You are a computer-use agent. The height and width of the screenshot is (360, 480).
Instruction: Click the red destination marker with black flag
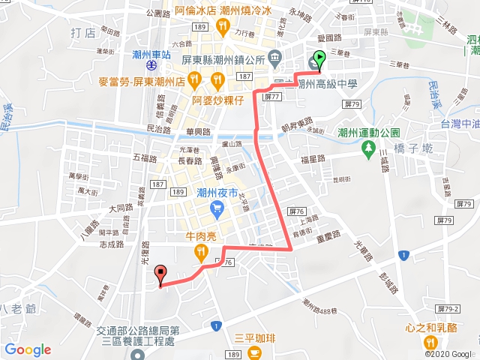[x=160, y=275]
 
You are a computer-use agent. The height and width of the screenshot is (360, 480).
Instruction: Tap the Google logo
[x=27, y=349]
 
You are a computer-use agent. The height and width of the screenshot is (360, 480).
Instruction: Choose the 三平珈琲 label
[x=255, y=336]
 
